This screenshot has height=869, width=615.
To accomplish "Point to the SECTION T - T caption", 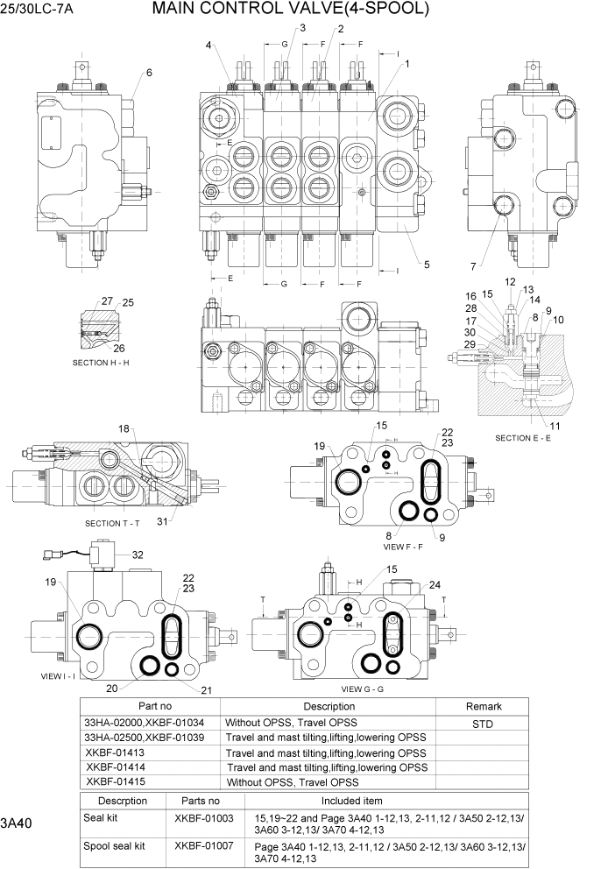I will (x=114, y=523).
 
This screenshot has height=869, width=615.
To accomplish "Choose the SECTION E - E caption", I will (x=522, y=437).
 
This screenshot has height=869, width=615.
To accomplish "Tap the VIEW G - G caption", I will (x=363, y=689).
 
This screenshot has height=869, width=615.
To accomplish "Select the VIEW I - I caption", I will (x=58, y=676).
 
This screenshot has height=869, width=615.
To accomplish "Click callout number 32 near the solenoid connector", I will (x=138, y=555).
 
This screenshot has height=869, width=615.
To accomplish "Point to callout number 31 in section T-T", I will (x=161, y=523).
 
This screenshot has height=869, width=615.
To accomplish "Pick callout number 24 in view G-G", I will (x=435, y=585).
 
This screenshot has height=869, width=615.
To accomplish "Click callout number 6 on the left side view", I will (x=149, y=73).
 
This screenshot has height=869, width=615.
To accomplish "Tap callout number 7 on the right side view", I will (x=472, y=265).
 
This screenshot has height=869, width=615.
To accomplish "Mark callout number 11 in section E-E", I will (x=555, y=426).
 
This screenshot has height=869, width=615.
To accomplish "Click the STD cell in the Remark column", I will (x=483, y=724).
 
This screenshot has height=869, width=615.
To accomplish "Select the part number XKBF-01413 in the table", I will (x=115, y=752).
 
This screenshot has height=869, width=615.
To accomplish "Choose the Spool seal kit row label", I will (x=114, y=846).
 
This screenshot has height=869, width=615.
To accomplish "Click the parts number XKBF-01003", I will (x=204, y=817).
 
